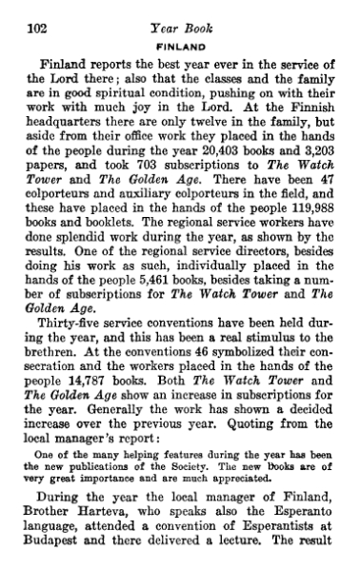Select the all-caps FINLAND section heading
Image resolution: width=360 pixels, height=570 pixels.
pyautogui.click(x=180, y=29)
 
